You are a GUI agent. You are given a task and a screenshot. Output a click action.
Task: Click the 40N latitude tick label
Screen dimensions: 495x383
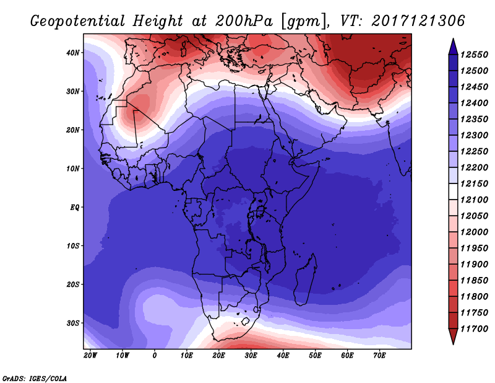[x=72, y=53]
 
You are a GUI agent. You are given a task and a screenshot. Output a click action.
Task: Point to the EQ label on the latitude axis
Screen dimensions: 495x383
[x=74, y=208]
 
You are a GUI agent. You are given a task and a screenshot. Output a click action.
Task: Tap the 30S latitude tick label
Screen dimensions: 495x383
[x=72, y=324]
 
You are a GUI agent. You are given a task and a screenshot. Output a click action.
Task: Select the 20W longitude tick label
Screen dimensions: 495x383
[x=90, y=356]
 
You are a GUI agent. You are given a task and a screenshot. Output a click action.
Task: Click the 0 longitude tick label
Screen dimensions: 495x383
[x=154, y=356]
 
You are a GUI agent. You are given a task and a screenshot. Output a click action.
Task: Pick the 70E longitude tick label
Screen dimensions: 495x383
[x=379, y=356]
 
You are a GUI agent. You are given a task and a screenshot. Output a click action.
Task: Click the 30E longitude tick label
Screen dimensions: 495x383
[x=251, y=356]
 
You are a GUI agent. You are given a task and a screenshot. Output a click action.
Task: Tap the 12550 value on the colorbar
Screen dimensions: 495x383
[x=474, y=55]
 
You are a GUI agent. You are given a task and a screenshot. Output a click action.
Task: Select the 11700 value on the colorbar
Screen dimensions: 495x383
[x=474, y=329]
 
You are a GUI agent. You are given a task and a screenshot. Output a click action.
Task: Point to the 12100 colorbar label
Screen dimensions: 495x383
[x=474, y=200]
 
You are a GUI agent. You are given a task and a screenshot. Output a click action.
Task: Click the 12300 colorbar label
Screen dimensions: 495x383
[x=474, y=135]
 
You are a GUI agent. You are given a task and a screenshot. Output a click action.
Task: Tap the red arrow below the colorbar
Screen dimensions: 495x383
[x=453, y=336]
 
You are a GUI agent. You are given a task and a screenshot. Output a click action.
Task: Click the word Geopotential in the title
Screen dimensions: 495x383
[x=78, y=21]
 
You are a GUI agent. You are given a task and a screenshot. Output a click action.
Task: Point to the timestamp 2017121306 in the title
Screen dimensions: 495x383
[x=418, y=20]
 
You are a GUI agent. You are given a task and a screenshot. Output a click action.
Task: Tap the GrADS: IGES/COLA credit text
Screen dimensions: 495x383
[x=35, y=379]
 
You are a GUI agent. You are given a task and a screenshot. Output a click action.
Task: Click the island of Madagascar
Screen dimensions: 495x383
[x=305, y=280]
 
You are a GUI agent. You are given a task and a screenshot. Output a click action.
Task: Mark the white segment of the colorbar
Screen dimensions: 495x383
[x=453, y=191]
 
